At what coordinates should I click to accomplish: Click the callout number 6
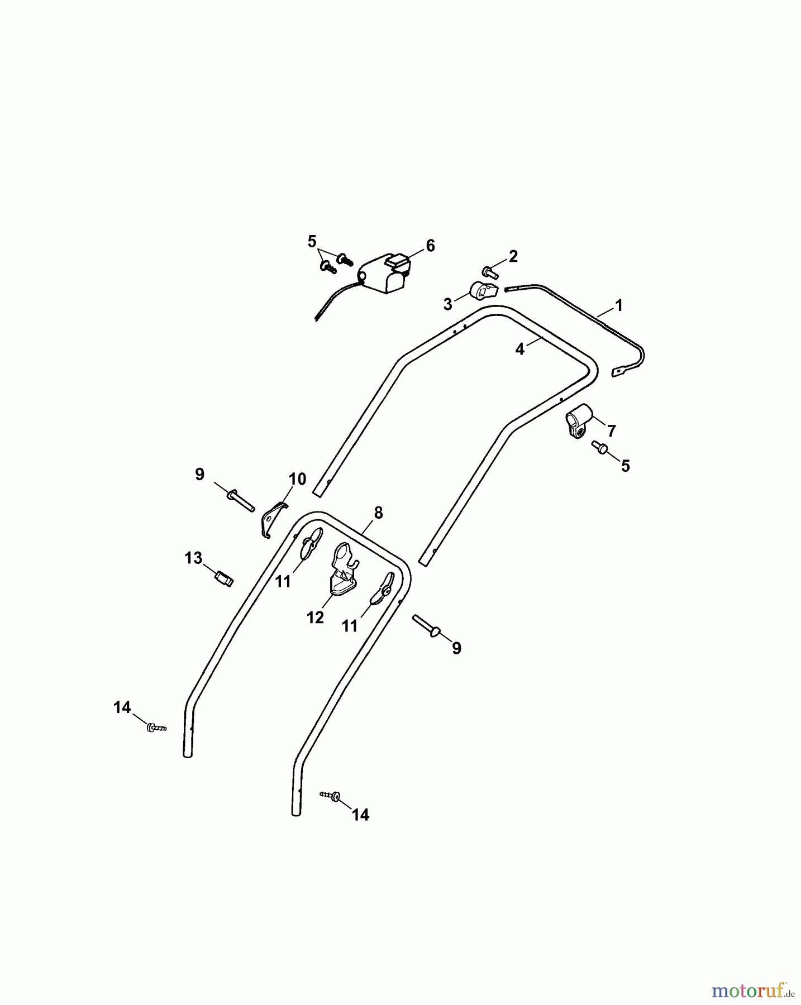pyautogui.click(x=430, y=246)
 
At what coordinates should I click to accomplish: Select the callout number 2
pyautogui.click(x=513, y=256)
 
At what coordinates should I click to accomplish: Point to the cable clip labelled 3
pyautogui.click(x=482, y=291)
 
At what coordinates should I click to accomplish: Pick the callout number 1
pyautogui.click(x=618, y=305)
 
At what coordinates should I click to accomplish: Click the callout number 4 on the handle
pyautogui.click(x=520, y=350)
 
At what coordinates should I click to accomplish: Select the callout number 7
pyautogui.click(x=612, y=430)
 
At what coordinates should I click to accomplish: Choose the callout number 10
pyautogui.click(x=297, y=479)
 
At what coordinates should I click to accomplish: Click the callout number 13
pyautogui.click(x=194, y=558)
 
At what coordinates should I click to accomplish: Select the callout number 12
pyautogui.click(x=316, y=618)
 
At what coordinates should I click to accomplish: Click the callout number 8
pyautogui.click(x=379, y=513)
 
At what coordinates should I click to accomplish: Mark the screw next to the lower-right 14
pyautogui.click(x=330, y=796)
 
